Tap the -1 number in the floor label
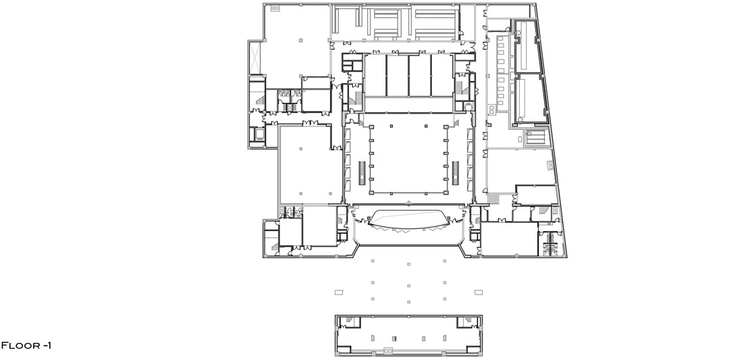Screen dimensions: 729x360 pyautogui.click(x=47, y=346)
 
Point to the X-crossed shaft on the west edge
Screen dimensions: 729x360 pyautogui.click(x=254, y=57)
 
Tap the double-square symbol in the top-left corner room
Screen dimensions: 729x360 pyautogui.click(x=275, y=8)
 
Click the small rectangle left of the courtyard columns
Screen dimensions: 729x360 pyautogui.click(x=339, y=292)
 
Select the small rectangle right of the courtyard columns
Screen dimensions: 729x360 pyautogui.click(x=479, y=292)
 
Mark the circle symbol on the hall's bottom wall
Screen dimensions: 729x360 pyautogui.click(x=408, y=203)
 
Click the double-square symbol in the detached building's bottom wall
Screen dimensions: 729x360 pyautogui.click(x=388, y=351)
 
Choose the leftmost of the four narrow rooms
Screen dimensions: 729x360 pyautogui.click(x=375, y=76)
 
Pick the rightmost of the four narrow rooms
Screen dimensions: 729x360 pyautogui.click(x=442, y=76)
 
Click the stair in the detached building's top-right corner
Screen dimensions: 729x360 pyautogui.click(x=466, y=322)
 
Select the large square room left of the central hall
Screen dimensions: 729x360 pyautogui.click(x=310, y=165)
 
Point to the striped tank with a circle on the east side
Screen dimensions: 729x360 pyautogui.click(x=536, y=138)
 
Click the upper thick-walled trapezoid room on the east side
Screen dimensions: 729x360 pyautogui.click(x=528, y=47)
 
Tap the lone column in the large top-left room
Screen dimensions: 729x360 pyautogui.click(x=301, y=40)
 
